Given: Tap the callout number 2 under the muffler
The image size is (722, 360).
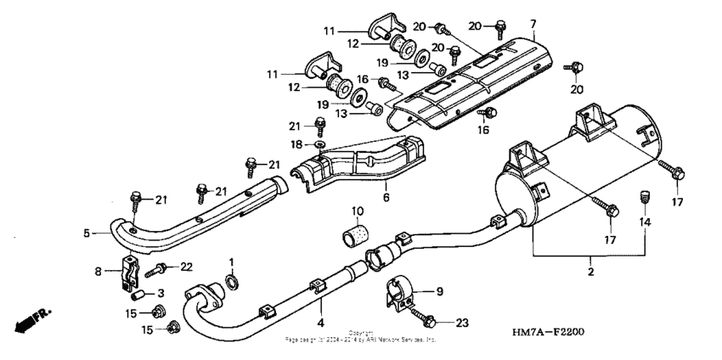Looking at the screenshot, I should (590, 273).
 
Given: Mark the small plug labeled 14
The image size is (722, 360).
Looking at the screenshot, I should (643, 198).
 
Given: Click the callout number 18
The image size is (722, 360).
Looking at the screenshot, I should (297, 145).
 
